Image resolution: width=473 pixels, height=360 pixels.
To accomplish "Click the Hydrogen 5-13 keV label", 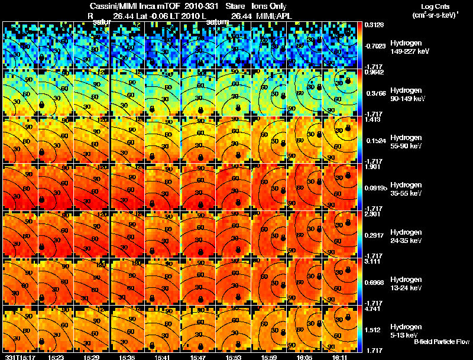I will [405, 330].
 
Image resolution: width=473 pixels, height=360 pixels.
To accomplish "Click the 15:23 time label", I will [56, 357].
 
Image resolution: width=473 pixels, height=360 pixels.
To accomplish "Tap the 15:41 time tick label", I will [163, 357].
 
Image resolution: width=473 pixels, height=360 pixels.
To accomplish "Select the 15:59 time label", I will [270, 357].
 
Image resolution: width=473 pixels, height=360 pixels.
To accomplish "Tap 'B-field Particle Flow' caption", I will [441, 342].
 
